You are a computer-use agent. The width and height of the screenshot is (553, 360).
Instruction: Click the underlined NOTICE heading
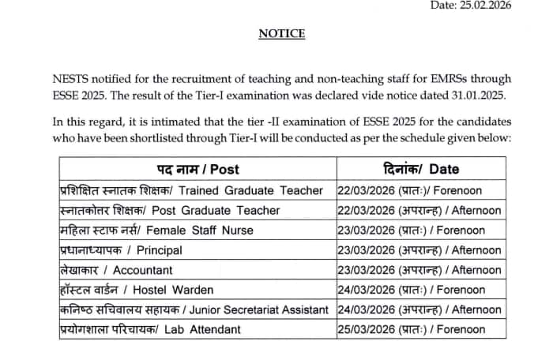pos(282,34)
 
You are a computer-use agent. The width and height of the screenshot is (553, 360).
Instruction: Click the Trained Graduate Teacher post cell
pos(192,190)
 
